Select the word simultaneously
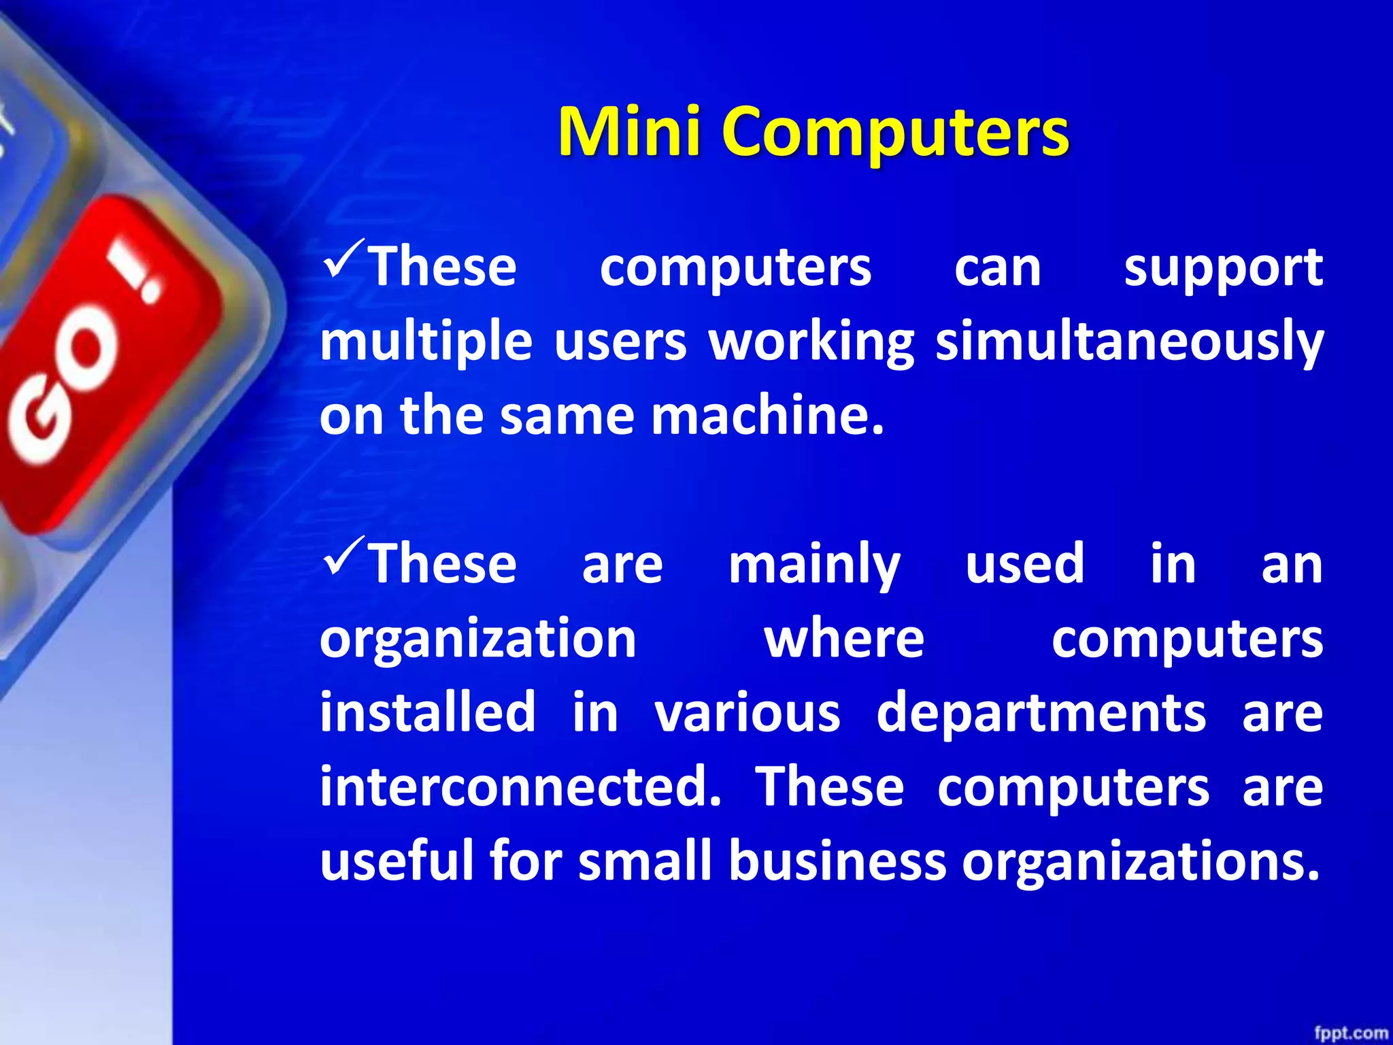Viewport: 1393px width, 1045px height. [1129, 342]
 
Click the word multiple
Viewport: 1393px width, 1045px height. [426, 342]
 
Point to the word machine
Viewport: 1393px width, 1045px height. [767, 416]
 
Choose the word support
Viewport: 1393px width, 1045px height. [1222, 268]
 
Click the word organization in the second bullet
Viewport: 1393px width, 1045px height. [478, 640]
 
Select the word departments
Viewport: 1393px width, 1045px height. [1041, 713]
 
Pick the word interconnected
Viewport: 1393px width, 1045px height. [520, 786]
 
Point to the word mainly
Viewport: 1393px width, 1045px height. [814, 565]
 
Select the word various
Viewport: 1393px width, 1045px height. [747, 713]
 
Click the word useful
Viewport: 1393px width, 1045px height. [397, 861]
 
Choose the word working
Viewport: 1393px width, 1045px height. [811, 342]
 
